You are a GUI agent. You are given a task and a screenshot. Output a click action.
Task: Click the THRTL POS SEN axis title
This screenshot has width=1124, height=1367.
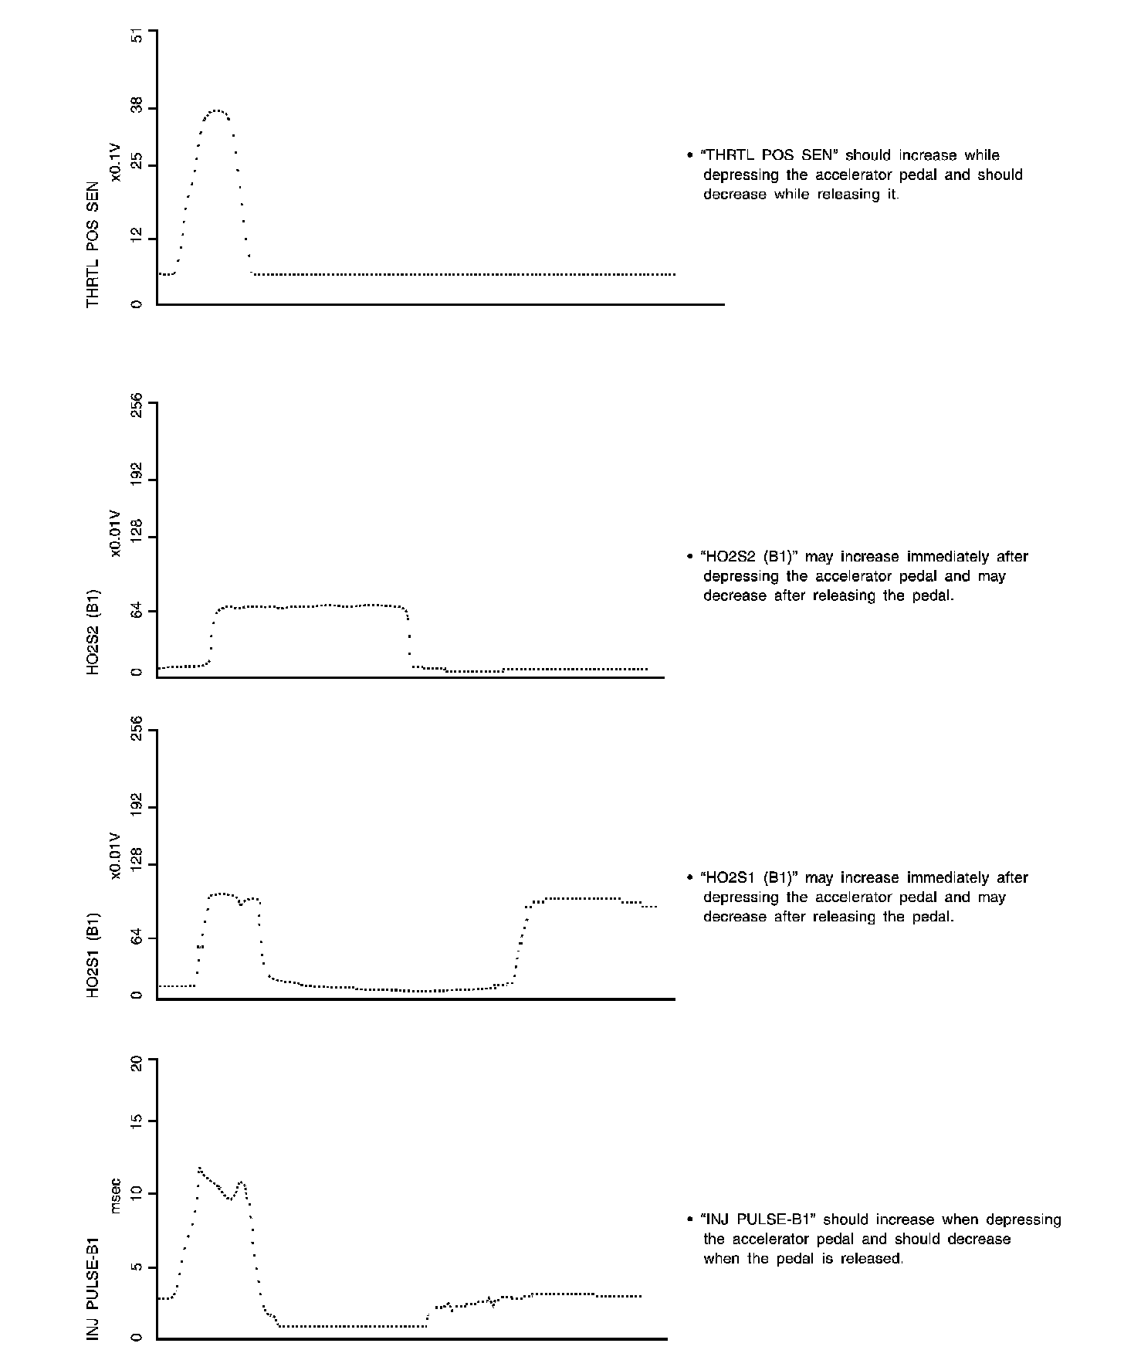tap(93, 245)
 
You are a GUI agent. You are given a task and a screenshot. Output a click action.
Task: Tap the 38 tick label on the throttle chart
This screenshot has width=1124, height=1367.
tap(137, 109)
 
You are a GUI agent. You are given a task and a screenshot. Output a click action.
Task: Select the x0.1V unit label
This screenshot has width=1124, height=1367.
tap(116, 163)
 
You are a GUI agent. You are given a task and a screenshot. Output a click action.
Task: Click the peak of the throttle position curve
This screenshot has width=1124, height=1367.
tap(218, 110)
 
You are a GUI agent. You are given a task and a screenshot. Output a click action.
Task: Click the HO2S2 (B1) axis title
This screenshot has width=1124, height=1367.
tap(93, 633)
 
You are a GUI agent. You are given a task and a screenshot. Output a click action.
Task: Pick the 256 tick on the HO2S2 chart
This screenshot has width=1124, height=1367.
tap(137, 403)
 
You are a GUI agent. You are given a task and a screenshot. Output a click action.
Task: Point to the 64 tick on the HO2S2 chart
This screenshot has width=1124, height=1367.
tap(137, 611)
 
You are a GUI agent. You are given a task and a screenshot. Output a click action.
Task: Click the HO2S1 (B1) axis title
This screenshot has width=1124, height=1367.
tap(93, 955)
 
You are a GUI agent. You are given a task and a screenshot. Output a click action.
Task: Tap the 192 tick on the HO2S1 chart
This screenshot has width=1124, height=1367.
tap(137, 807)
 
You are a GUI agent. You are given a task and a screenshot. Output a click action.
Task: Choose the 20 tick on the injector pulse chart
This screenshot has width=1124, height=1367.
tap(137, 1063)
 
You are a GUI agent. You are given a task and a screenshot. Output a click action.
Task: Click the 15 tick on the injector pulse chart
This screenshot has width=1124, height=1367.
tap(137, 1121)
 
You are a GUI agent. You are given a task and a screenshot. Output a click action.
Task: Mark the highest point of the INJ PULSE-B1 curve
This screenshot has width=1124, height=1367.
tap(199, 1169)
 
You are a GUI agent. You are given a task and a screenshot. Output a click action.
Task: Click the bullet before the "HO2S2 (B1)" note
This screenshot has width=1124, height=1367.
tap(689, 557)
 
